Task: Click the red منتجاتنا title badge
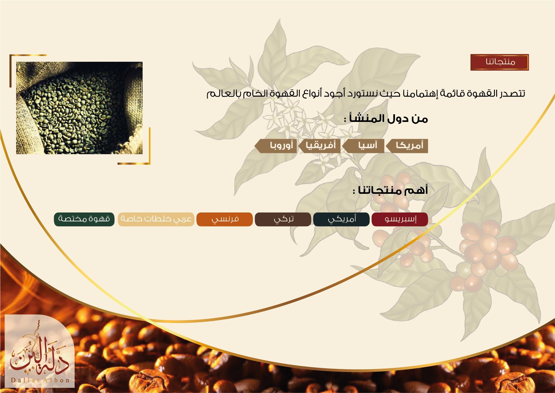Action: [x=499, y=62]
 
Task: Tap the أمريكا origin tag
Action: [x=407, y=146]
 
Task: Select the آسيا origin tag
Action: [x=364, y=146]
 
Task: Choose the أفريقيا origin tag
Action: [x=320, y=146]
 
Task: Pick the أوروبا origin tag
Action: [x=276, y=146]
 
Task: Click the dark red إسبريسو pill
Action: [x=400, y=219]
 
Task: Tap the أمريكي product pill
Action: [x=341, y=219]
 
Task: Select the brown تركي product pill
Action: [x=283, y=219]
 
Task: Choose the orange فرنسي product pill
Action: [x=225, y=219]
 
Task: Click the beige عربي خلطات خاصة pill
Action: [x=156, y=219]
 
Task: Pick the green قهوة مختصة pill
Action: [x=84, y=219]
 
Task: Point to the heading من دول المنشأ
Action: [x=386, y=119]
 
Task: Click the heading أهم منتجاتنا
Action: [x=390, y=190]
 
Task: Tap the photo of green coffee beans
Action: [x=79, y=108]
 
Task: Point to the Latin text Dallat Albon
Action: [x=40, y=380]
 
